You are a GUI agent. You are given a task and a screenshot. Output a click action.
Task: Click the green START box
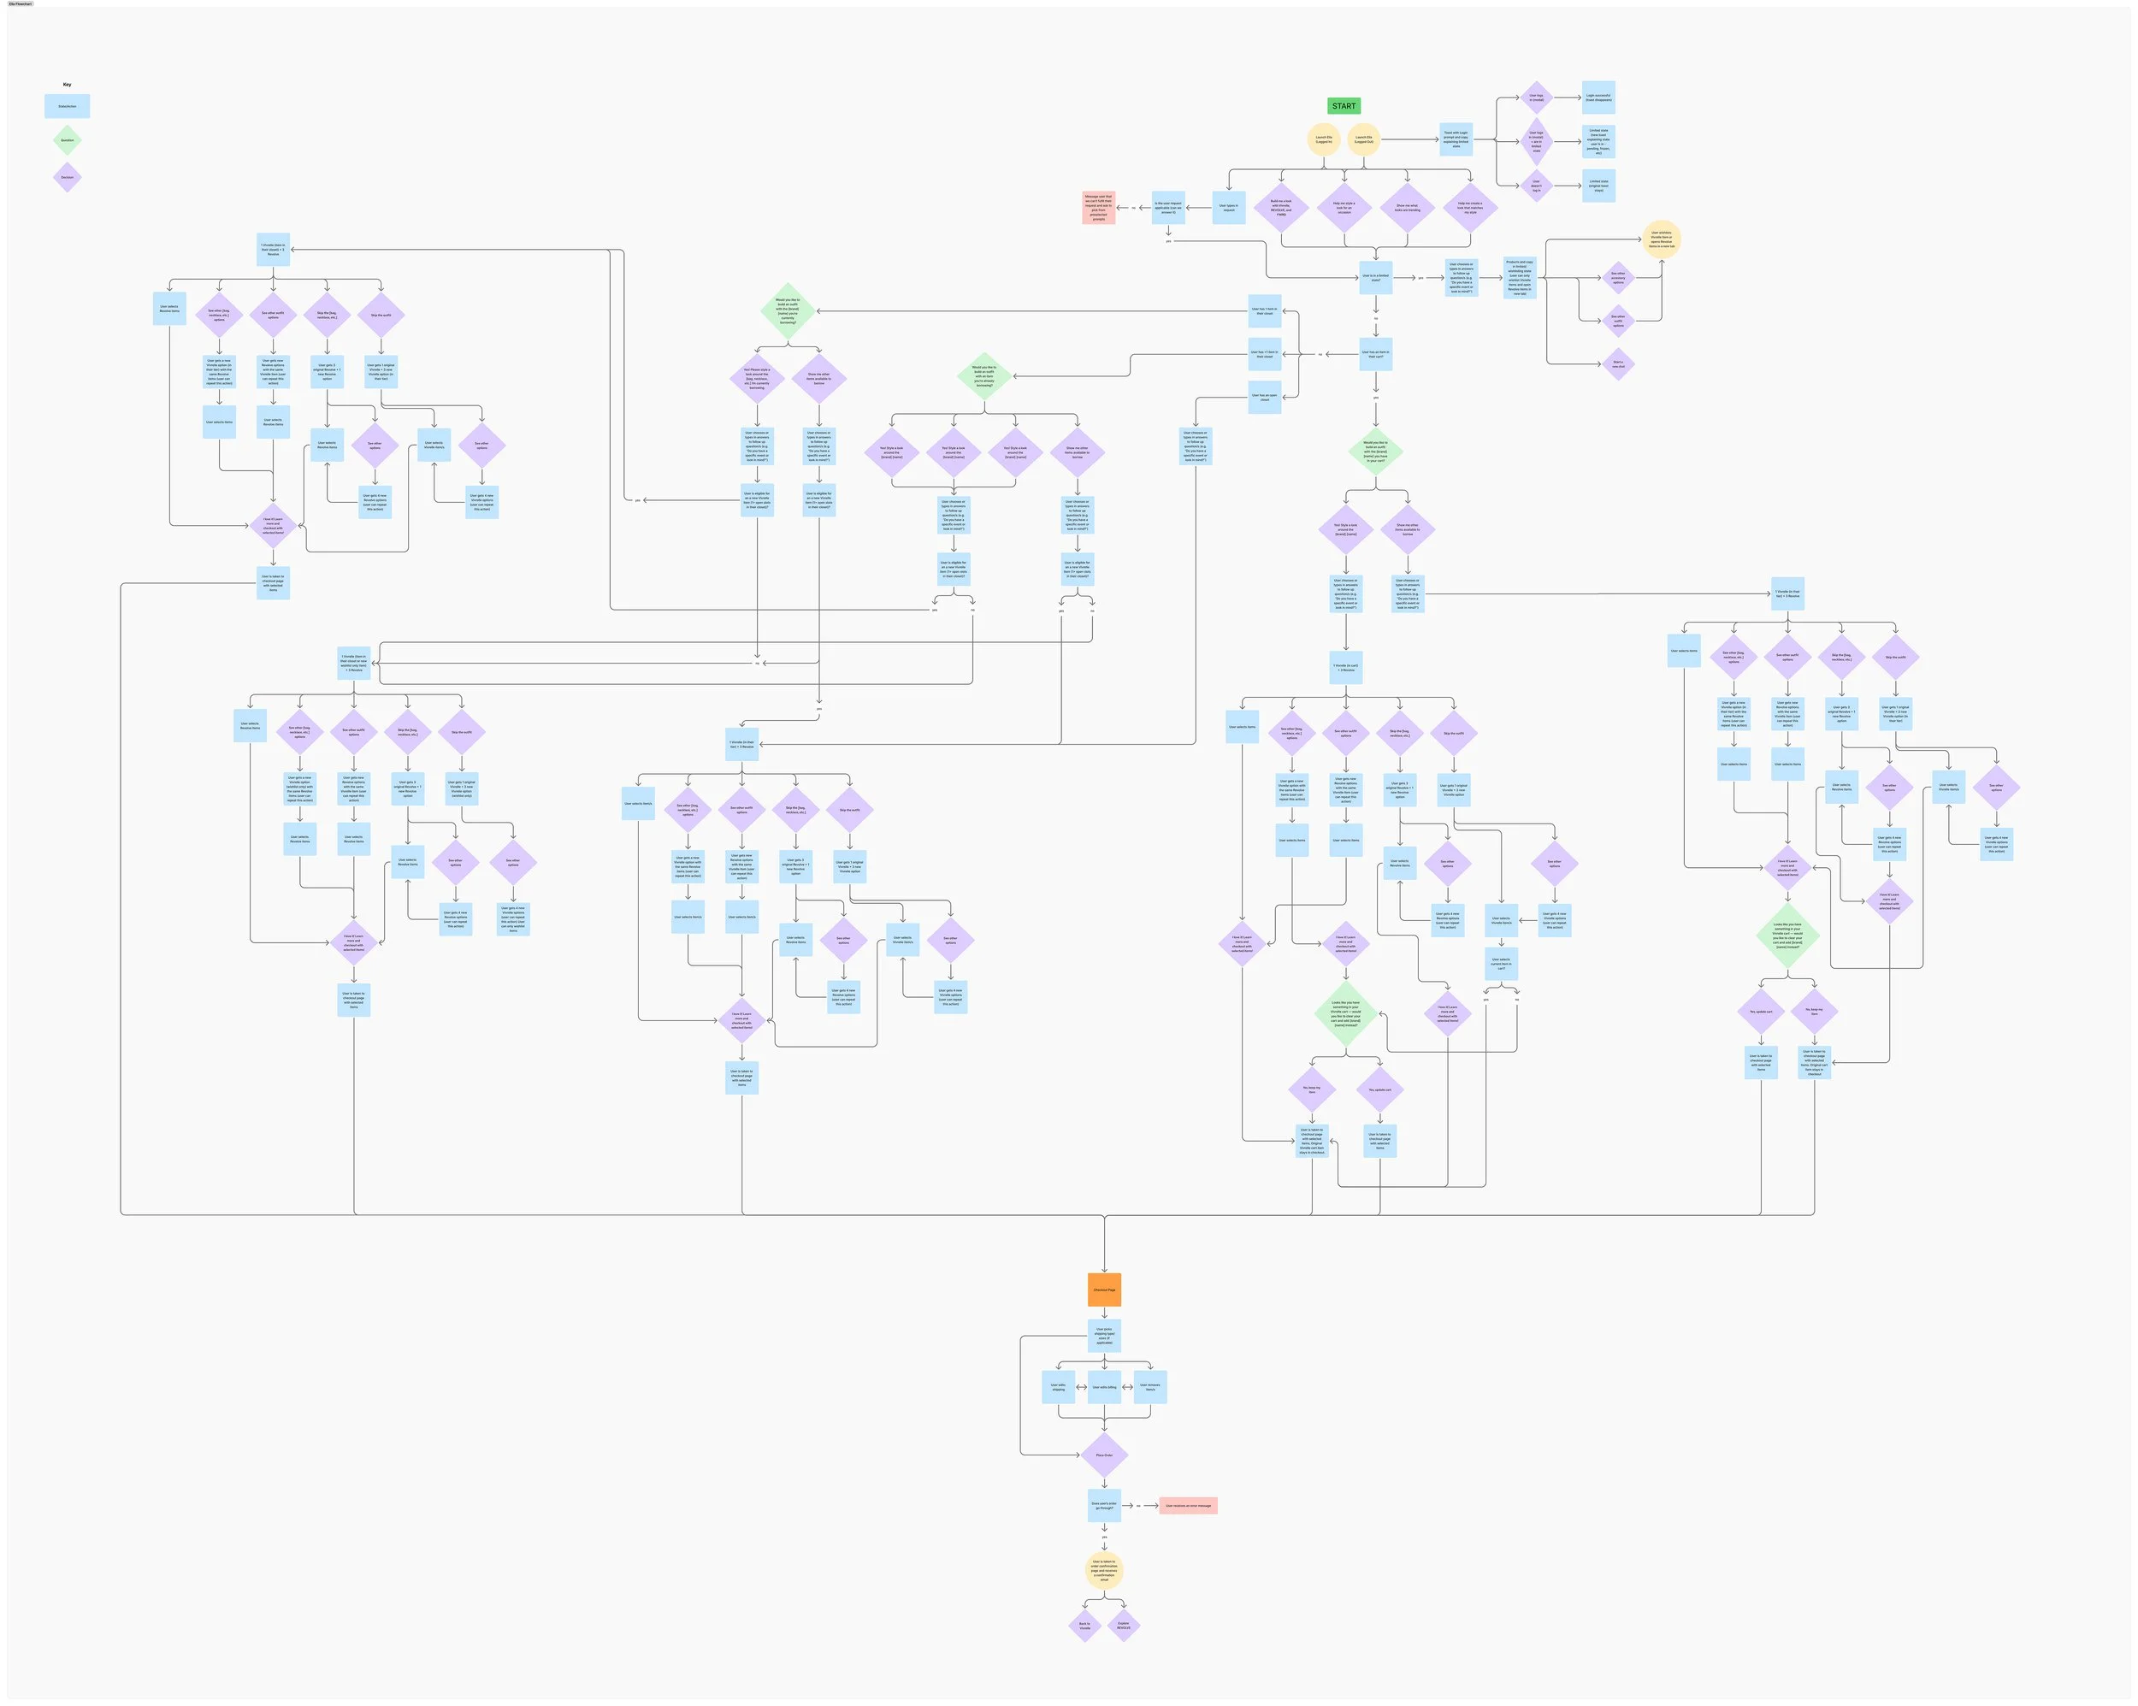click(x=1344, y=106)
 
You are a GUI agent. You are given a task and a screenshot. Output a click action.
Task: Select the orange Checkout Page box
click(x=1104, y=1290)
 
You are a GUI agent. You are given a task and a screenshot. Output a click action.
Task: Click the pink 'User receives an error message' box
click(x=1188, y=1506)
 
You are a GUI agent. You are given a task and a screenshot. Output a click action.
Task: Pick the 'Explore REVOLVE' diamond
click(x=1124, y=1626)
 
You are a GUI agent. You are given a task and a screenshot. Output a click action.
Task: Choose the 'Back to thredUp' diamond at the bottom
click(x=1084, y=1626)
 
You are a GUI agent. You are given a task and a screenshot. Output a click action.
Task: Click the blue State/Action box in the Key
click(x=68, y=106)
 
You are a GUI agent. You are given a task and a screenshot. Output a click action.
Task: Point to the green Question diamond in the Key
click(x=68, y=140)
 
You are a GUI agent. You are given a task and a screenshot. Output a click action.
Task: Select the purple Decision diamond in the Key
click(x=68, y=178)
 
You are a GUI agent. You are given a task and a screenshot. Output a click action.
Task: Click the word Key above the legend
click(x=68, y=85)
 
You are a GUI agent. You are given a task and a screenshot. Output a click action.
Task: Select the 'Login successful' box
click(x=1598, y=98)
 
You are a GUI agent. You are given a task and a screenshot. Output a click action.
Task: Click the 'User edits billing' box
click(x=1104, y=1387)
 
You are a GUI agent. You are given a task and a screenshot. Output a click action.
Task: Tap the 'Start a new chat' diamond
click(x=1618, y=364)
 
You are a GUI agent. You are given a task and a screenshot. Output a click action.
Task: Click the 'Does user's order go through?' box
click(x=1104, y=1506)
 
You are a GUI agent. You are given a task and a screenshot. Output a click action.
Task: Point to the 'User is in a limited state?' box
click(x=1375, y=278)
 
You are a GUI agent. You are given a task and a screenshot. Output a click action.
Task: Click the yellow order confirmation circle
click(x=1104, y=1570)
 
